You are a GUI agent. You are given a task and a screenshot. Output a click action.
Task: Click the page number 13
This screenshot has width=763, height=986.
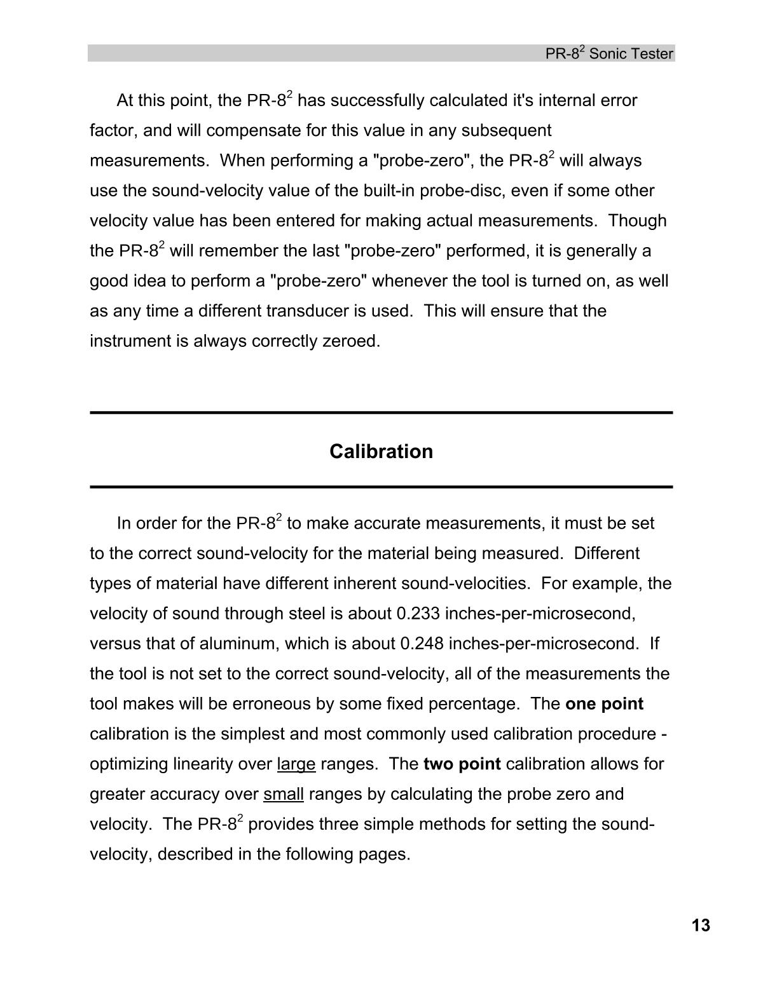click(x=701, y=926)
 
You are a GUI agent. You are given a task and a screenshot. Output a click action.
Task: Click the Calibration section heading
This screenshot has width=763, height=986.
click(x=381, y=452)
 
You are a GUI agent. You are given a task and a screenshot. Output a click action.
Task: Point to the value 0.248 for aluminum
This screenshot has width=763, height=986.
click(x=422, y=644)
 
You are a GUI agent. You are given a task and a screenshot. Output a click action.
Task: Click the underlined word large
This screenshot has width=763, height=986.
click(x=296, y=764)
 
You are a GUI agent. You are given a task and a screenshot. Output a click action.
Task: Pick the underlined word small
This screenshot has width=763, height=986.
click(x=284, y=794)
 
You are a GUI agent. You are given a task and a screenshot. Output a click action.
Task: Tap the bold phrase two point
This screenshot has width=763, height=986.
click(x=462, y=764)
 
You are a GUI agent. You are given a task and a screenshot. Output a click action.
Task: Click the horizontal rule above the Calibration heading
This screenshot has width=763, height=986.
click(x=381, y=413)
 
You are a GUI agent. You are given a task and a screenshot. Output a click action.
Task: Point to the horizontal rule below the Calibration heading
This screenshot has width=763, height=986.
click(x=381, y=487)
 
